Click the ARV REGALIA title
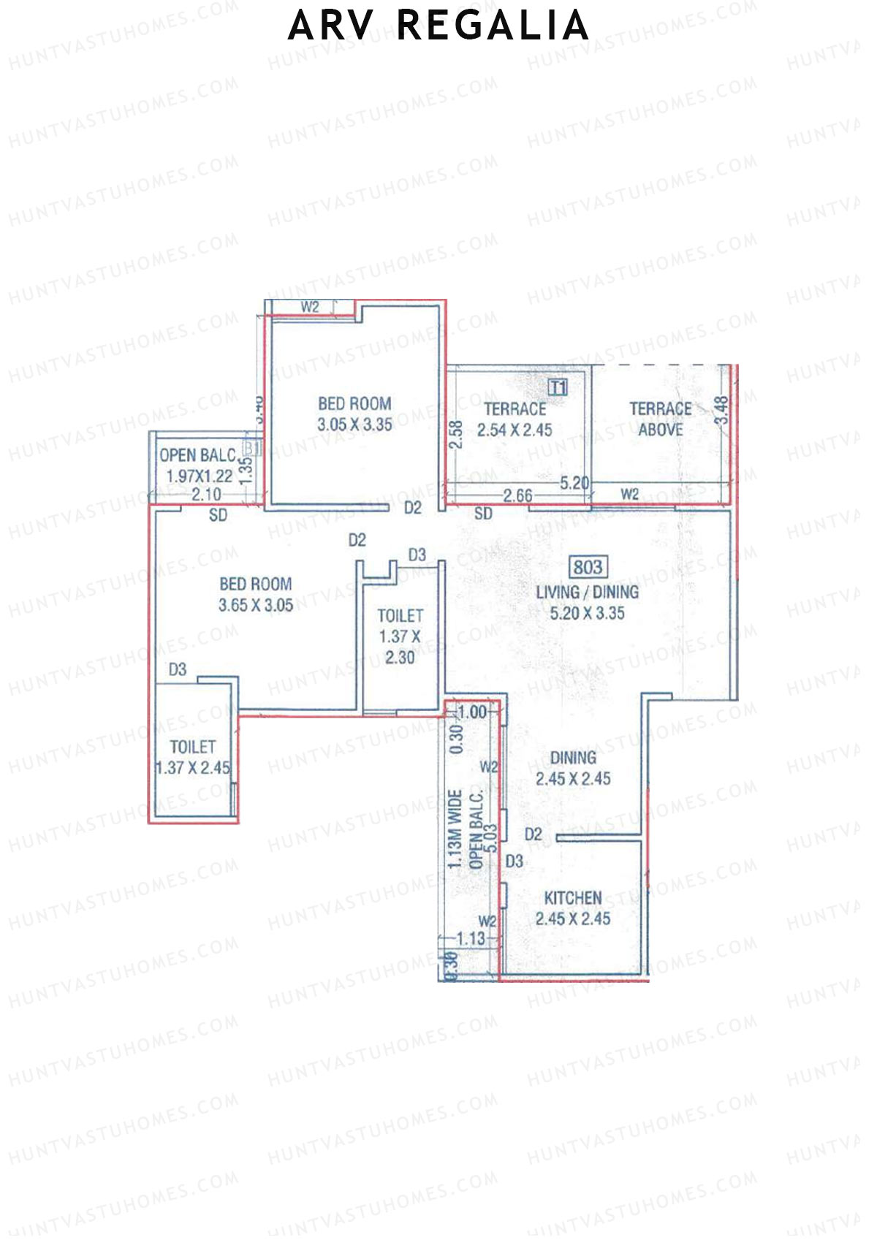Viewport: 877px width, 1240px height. (x=438, y=26)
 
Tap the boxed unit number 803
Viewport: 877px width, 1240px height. (x=588, y=568)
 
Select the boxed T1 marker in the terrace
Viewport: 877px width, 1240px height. (x=558, y=387)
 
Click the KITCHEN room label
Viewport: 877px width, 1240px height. (x=573, y=898)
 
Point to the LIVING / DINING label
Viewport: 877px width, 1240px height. (x=588, y=592)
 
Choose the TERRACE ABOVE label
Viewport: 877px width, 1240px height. (x=661, y=419)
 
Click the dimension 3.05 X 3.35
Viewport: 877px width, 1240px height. (x=354, y=425)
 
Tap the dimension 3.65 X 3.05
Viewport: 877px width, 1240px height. (x=256, y=605)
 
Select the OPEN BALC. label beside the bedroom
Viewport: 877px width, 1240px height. (x=198, y=455)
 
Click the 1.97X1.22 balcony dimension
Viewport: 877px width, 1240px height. (x=199, y=476)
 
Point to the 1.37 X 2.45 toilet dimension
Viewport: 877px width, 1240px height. (x=193, y=768)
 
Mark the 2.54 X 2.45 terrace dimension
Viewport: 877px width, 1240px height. (x=515, y=430)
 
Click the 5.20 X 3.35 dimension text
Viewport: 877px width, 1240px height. (x=588, y=613)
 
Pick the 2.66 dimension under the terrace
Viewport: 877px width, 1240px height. (x=517, y=495)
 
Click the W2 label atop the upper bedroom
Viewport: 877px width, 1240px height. (x=310, y=307)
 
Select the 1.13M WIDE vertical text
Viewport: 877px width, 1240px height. (x=455, y=829)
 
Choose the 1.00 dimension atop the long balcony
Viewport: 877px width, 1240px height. (x=472, y=712)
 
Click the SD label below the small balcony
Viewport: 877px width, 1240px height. (x=218, y=515)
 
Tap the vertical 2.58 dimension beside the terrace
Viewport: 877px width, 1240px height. (x=456, y=434)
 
